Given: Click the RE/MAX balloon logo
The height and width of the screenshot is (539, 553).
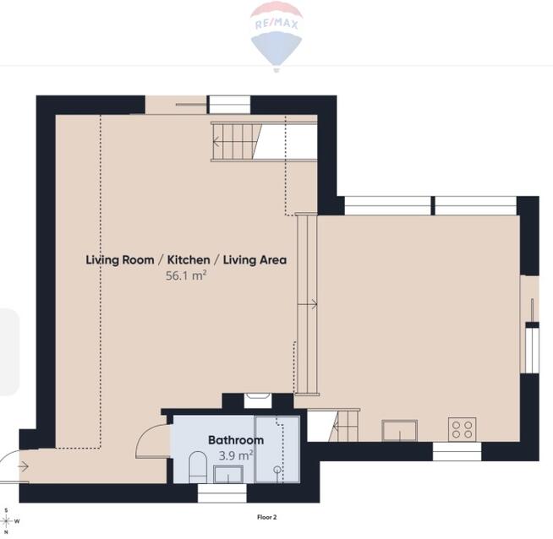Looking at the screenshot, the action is tap(276, 36).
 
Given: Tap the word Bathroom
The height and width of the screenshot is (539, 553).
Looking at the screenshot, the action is tap(236, 440).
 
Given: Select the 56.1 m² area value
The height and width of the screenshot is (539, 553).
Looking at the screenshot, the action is tap(186, 275).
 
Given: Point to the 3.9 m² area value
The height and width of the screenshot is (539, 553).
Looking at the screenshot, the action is tap(236, 455).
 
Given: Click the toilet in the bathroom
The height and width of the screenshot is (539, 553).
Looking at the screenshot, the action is tap(198, 467).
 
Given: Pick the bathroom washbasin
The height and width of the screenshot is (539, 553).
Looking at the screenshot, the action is tap(228, 474).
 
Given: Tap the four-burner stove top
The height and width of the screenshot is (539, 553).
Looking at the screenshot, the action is tap(462, 429).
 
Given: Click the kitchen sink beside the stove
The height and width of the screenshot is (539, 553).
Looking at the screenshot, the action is tap(400, 430).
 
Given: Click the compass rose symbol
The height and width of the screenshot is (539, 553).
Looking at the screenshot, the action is tap(7, 521).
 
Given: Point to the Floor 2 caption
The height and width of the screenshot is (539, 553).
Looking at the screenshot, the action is tap(267, 517).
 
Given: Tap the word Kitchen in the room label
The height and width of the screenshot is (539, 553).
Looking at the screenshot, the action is tap(189, 260).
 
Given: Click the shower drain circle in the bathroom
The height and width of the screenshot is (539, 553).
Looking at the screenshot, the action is tap(277, 469).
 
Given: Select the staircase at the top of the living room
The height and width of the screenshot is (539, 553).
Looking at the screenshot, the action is tap(236, 142).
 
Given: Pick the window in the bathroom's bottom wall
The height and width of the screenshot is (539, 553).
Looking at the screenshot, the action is tap(222, 493).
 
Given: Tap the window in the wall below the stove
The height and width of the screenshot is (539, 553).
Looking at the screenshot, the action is tap(457, 451).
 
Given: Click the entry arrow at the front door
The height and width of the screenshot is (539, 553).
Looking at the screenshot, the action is tap(24, 467).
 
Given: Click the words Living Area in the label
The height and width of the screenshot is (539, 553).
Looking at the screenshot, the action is tap(255, 260).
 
